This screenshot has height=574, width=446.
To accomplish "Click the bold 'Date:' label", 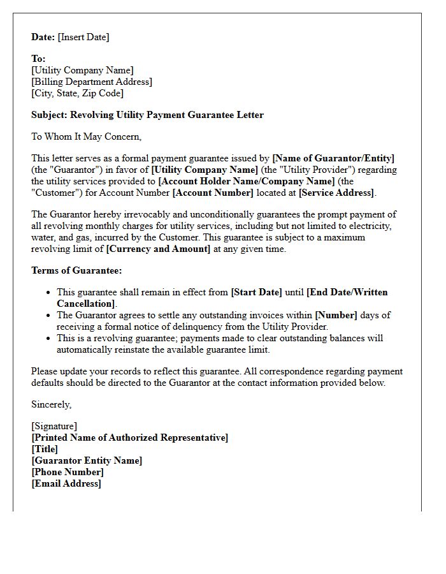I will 43,37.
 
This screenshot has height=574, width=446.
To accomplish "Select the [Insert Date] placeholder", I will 83,37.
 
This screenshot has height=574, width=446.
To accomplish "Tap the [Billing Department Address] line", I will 92,82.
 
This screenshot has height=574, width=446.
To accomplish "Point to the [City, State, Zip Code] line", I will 77,93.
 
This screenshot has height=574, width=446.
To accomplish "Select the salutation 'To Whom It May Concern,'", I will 86,136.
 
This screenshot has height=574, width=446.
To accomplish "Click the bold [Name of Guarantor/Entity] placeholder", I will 333,158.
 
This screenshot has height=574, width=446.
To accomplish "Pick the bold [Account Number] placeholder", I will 213,193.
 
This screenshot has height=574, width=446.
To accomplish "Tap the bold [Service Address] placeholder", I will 336,193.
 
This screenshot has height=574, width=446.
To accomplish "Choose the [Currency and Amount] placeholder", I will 158,249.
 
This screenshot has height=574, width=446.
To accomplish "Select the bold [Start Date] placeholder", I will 256,292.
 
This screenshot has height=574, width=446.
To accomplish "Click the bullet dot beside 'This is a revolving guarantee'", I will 50,339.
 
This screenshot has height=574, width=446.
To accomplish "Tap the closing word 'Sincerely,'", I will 52,404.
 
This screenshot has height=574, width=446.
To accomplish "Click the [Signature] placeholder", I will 54,426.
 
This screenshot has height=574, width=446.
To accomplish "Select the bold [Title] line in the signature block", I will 45,449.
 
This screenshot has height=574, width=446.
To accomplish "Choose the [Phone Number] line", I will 68,472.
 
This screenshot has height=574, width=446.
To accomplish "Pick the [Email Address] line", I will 66,483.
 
